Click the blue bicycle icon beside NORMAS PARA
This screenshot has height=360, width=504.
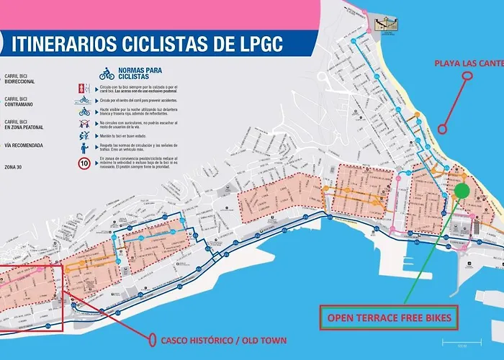point(107,73)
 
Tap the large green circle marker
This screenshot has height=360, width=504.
point(462,191)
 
